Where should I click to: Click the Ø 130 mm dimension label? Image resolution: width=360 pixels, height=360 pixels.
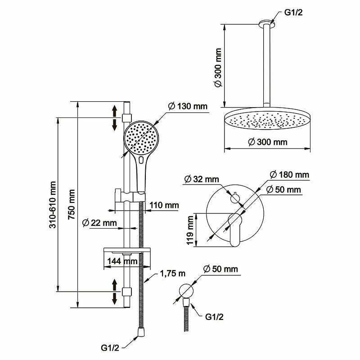tap(188, 106)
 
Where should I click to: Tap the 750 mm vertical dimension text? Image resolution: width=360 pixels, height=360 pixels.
tap(72, 205)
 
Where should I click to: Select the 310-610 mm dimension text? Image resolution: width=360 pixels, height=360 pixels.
tap(53, 205)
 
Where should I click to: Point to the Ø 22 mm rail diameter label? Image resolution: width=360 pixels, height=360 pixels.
tap(99, 223)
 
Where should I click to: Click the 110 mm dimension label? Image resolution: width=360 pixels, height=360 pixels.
tap(164, 205)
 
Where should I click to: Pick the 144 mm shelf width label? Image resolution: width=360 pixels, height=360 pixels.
tap(122, 261)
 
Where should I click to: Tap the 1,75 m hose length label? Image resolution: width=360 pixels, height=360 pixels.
tap(172, 274)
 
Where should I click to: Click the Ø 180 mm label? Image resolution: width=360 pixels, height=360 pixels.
tap(289, 175)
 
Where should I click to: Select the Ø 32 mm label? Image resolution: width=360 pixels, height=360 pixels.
tap(202, 179)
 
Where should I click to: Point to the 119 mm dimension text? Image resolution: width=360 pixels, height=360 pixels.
tap(190, 230)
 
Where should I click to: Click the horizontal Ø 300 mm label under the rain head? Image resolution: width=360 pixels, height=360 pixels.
tap(268, 142)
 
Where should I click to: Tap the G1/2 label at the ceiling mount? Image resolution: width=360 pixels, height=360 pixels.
tap(293, 12)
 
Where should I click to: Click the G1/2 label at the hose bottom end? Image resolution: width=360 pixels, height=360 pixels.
tap(110, 348)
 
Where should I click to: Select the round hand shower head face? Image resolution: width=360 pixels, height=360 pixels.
tap(141, 138)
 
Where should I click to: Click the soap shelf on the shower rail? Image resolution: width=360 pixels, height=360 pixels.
tap(127, 250)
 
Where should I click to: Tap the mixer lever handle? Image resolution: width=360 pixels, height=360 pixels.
tap(234, 229)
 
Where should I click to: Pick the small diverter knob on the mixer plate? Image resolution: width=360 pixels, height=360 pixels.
tap(234, 198)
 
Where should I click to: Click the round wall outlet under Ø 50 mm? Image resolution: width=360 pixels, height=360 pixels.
tap(186, 291)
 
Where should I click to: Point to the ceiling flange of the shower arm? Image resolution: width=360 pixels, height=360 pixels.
tap(266, 22)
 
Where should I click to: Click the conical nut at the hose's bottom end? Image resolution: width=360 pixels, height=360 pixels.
tap(140, 332)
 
